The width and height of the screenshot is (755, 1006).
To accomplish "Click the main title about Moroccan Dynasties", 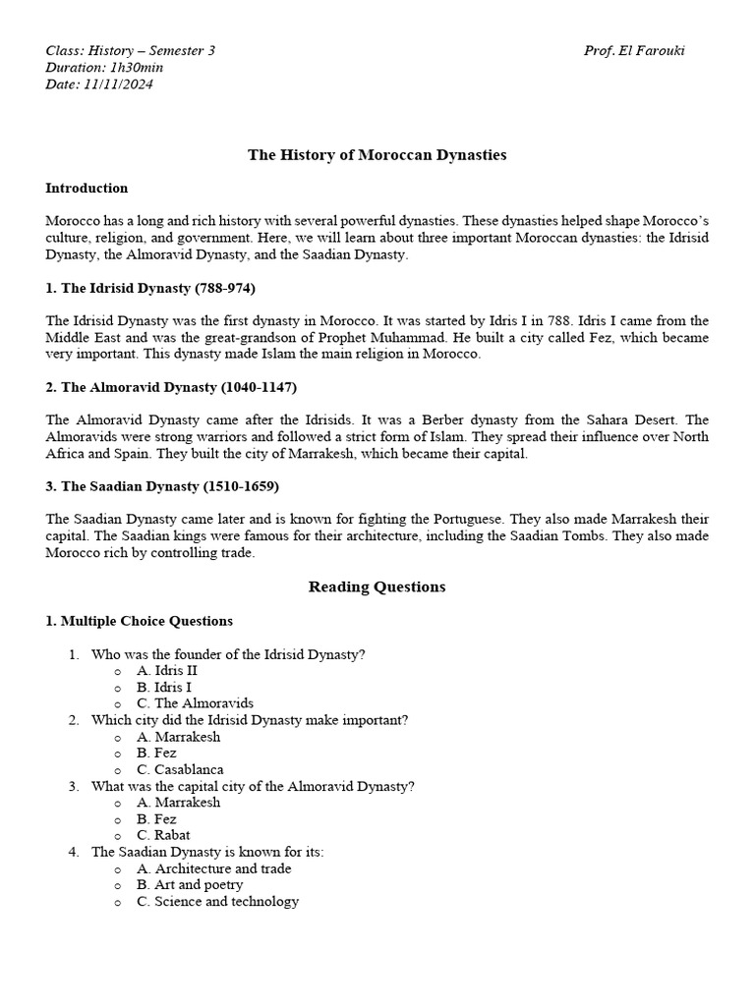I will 377,154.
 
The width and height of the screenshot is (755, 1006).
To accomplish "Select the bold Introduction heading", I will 87,188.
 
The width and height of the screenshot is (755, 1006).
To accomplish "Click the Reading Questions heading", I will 377,587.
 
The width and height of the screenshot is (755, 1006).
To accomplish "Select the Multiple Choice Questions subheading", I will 140,621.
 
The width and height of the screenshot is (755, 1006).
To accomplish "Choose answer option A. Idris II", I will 167,671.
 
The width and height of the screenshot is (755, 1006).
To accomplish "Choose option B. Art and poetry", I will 190,884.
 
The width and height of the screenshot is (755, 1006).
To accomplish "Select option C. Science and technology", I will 217,901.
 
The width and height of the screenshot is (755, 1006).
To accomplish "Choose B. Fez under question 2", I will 156,753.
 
